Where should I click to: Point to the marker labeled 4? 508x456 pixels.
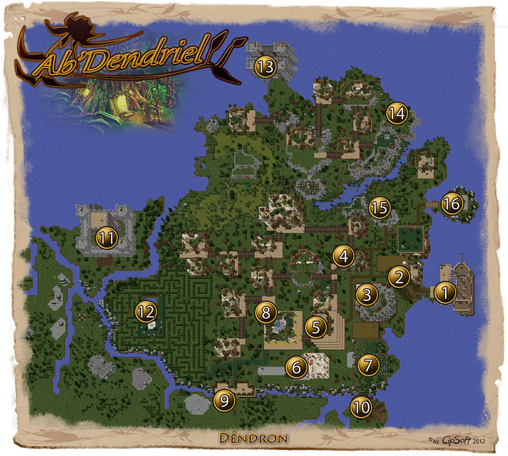344,256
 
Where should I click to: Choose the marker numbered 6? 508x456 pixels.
294,367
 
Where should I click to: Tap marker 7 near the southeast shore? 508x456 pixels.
368,365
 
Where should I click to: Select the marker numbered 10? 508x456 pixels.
361,407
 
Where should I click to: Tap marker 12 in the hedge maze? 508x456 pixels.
146,310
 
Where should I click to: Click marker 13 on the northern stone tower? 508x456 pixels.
265,67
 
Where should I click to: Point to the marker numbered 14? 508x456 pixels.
396,114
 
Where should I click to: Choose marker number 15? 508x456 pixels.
379,207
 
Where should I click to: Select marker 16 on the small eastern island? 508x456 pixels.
451,204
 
